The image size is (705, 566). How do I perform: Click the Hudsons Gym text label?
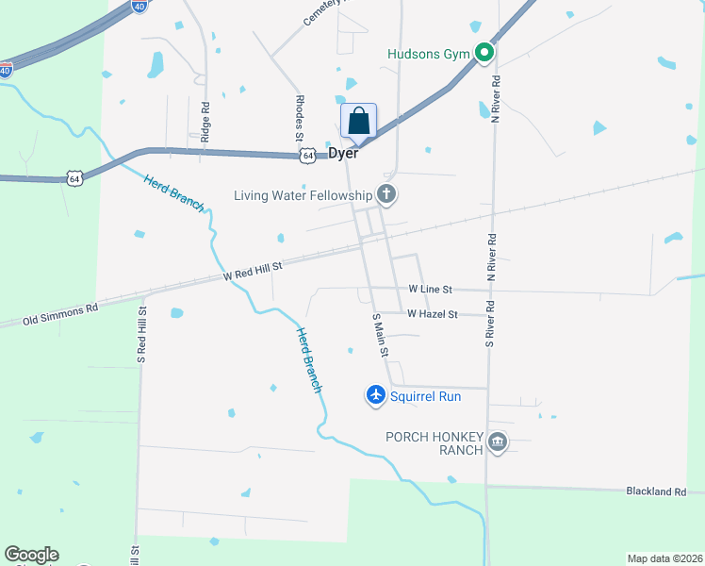pos(428,54)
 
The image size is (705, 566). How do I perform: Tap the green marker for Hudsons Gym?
pos(484,53)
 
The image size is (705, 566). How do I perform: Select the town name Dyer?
pos(343,153)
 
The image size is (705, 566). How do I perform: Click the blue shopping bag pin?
pos(358,122)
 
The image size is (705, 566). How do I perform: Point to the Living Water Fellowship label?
pos(303,195)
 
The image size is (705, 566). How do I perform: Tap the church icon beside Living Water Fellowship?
pos(385,195)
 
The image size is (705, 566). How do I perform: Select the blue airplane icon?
pos(376,395)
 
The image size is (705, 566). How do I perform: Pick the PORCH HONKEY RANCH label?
pos(434,442)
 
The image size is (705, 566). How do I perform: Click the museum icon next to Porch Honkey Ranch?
pos(498,441)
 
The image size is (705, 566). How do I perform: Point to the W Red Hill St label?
pos(254,272)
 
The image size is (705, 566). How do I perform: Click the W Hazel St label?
pos(433,314)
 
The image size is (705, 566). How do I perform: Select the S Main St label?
pos(380,335)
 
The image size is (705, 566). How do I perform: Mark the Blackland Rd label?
pos(657,491)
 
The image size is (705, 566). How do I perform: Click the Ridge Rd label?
pos(205,121)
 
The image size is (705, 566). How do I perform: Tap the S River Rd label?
pos(490,323)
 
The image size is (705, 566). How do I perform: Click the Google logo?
pos(31,555)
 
